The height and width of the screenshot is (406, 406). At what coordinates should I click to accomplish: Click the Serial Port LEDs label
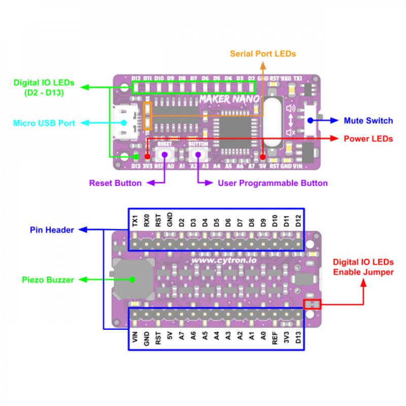pyautogui.click(x=262, y=53)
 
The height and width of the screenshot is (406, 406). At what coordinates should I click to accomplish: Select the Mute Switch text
pyautogui.click(x=368, y=121)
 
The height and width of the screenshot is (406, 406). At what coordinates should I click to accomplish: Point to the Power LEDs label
pyautogui.click(x=368, y=139)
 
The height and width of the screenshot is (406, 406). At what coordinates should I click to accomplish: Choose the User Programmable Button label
pyautogui.click(x=273, y=183)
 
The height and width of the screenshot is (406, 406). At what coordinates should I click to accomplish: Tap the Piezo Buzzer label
pyautogui.click(x=48, y=280)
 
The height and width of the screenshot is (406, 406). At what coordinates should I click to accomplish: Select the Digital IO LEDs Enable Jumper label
pyautogui.click(x=363, y=267)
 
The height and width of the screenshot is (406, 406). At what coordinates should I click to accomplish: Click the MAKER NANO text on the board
pyautogui.click(x=229, y=98)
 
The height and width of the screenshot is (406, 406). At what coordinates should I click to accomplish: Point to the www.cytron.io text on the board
pyautogui.click(x=225, y=260)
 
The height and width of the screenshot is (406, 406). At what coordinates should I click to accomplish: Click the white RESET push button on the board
pyautogui.click(x=165, y=154)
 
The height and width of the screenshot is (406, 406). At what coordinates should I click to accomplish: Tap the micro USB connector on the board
pyautogui.click(x=126, y=122)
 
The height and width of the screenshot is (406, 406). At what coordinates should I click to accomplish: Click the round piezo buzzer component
pyautogui.click(x=132, y=279)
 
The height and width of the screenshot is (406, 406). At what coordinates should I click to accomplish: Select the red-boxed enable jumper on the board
pyautogui.click(x=312, y=304)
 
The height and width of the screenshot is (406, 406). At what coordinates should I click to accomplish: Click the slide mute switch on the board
pyautogui.click(x=310, y=121)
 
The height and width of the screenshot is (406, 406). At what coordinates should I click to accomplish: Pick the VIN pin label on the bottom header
pyautogui.click(x=135, y=337)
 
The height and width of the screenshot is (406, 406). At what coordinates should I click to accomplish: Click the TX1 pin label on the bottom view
pyautogui.click(x=135, y=221)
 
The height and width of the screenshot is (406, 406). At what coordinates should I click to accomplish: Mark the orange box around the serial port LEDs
pyautogui.click(x=148, y=115)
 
